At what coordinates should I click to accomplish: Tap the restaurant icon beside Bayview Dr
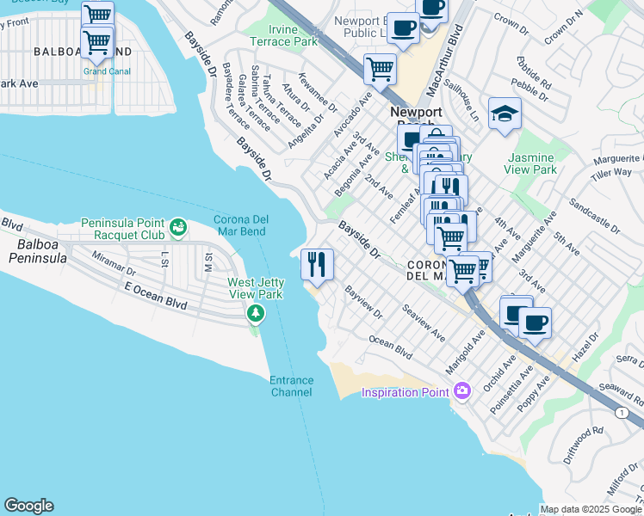click(x=317, y=263)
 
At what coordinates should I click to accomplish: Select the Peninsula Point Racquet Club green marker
click(x=178, y=228)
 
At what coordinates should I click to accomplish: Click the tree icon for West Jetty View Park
click(x=255, y=313)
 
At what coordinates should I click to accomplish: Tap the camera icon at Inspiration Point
click(x=463, y=392)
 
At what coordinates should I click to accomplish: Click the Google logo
click(x=28, y=506)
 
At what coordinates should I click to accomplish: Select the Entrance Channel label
click(x=291, y=386)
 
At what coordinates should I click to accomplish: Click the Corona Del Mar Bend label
click(x=241, y=225)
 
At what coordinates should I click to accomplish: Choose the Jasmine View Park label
click(x=533, y=164)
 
